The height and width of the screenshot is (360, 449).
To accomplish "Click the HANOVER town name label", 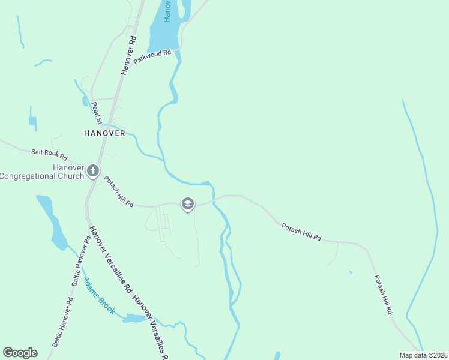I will tap(104, 133).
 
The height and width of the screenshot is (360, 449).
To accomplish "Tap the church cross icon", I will tap(93, 171).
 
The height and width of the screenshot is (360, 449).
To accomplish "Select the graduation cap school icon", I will tap(187, 205).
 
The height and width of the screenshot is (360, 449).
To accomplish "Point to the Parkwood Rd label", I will tap(153, 58).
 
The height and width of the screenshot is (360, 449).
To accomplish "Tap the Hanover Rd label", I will tap(129, 55).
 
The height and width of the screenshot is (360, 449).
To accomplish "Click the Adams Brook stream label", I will tap(99, 296).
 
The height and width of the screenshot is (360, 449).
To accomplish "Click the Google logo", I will tap(20, 352).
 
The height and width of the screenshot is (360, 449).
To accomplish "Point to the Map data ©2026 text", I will tap(423, 355).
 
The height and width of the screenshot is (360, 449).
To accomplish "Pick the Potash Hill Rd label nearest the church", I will tap(118, 192).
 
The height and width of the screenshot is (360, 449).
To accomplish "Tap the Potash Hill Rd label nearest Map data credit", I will tap(384, 295).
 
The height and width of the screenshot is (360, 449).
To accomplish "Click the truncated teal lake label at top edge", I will tap(168, 11).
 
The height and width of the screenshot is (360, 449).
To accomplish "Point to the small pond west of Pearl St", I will tap(32, 120).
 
